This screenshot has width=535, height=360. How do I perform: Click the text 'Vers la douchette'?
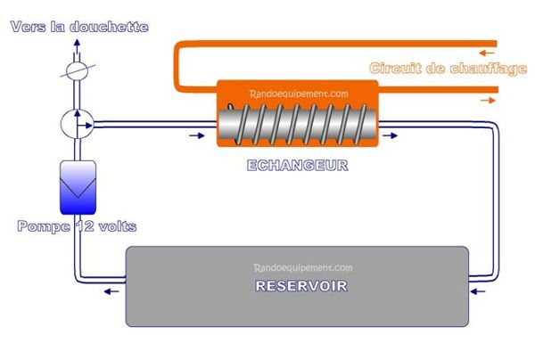pyautogui.click(x=78, y=27)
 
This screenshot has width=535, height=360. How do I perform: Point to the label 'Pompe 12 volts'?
pyautogui.click(x=77, y=226)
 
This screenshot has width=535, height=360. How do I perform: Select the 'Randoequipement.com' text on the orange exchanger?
pyautogui.click(x=297, y=92)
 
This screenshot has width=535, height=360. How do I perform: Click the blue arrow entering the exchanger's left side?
pyautogui.click(x=195, y=136)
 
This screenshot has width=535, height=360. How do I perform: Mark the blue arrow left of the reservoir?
pyautogui.click(x=110, y=290)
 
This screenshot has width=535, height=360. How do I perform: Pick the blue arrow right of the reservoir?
pyautogui.click(x=480, y=290)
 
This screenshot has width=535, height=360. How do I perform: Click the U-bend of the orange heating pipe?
pyautogui.click(x=177, y=67)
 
